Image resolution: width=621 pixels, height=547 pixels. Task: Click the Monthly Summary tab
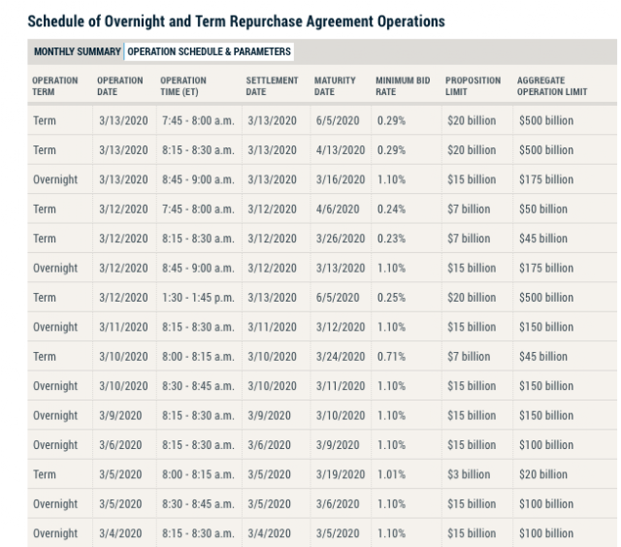(78, 51)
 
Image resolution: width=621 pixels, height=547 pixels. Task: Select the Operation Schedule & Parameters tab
(210, 51)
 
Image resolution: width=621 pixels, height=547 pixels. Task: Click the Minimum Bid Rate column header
(403, 86)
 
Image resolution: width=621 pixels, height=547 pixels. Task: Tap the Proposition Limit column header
(473, 86)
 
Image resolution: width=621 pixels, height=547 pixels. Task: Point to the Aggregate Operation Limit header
(552, 86)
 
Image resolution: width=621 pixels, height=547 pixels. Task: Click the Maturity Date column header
(335, 86)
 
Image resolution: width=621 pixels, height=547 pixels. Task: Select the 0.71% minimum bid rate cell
(391, 357)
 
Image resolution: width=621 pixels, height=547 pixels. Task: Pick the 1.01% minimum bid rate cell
(391, 474)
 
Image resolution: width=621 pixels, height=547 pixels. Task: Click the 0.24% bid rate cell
(391, 209)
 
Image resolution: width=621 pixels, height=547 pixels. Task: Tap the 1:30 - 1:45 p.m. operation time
(198, 298)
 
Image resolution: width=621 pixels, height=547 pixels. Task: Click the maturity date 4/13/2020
(341, 150)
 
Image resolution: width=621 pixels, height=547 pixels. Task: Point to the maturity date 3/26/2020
(341, 239)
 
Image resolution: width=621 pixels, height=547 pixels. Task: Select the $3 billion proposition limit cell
(469, 474)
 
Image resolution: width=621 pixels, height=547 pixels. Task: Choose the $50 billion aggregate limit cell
(543, 209)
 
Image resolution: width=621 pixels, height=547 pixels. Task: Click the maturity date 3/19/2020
(341, 474)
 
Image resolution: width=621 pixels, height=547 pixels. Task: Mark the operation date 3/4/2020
(120, 533)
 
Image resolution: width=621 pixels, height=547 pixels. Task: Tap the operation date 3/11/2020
(123, 327)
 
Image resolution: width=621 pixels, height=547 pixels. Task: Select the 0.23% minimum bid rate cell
(391, 239)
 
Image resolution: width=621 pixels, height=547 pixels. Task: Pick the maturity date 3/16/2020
(341, 179)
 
